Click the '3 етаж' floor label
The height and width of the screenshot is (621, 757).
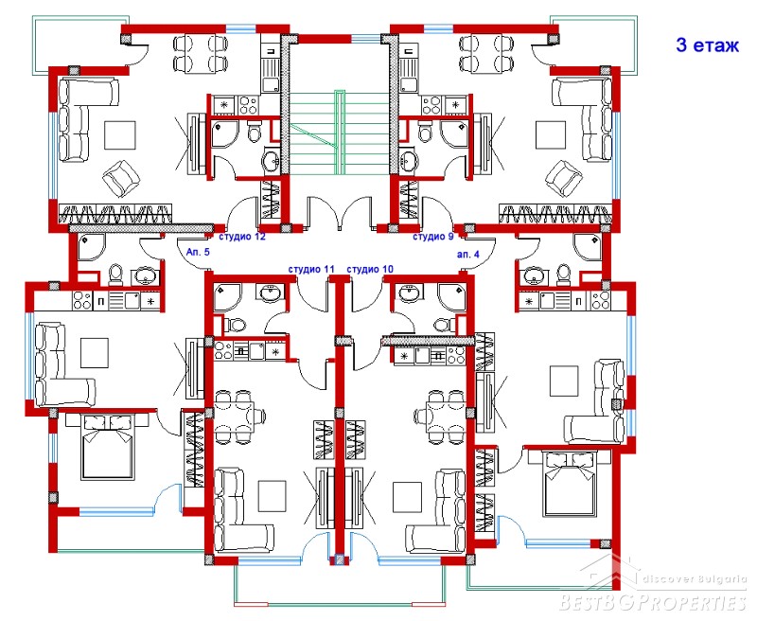pos(707,45)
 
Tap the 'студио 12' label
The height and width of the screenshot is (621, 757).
pos(242,237)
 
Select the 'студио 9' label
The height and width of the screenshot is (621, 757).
pos(432,237)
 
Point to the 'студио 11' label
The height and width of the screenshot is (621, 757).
pos(311,270)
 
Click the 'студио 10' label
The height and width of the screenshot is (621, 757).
pos(370,270)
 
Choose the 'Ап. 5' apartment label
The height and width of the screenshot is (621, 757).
pos(198,252)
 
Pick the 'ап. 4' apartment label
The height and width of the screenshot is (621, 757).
pos(467,254)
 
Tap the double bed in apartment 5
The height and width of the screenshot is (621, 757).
pos(107,446)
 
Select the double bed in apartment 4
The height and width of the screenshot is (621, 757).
pos(569,483)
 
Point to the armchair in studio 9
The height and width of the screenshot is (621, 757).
pos(563,178)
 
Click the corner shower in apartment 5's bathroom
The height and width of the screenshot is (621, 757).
pos(91,248)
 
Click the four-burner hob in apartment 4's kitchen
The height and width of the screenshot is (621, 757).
pos(600,301)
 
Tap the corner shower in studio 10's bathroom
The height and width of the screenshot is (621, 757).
pos(452,296)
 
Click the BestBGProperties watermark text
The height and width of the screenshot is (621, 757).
pos(653,603)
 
